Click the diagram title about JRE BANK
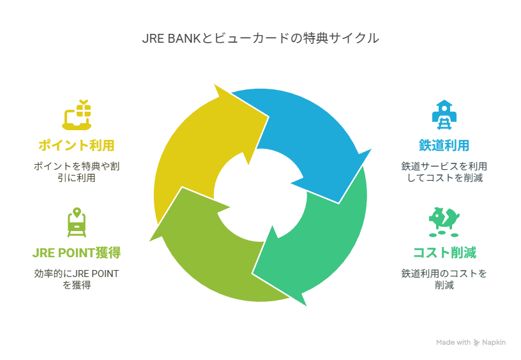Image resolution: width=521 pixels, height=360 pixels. tap(260, 38)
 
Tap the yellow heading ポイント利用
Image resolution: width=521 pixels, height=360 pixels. tap(77, 146)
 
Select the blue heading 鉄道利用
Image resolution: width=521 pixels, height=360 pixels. tap(444, 146)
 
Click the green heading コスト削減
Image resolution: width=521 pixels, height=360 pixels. tap(444, 253)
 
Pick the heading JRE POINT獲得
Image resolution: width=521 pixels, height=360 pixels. tap(77, 253)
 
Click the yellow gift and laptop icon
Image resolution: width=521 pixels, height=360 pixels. tap(77, 115)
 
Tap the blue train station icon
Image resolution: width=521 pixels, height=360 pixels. tap(444, 115)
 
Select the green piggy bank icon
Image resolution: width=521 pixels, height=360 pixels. tap(444, 222)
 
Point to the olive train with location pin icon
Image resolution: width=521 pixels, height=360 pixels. tap(77, 222)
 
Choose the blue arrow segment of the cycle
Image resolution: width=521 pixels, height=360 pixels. tap(319, 133)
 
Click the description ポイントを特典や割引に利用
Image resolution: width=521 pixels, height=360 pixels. tap(77, 172)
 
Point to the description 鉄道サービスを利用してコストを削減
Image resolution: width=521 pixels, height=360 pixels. tap(444, 172)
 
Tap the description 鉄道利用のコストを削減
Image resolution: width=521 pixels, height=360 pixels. tap(444, 279)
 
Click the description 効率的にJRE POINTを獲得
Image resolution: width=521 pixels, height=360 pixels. tap(77, 279)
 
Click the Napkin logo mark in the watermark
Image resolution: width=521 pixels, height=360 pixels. tap(476, 342)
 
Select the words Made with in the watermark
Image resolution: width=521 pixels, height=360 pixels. tap(453, 342)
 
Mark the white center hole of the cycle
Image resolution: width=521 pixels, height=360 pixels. tap(260, 195)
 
